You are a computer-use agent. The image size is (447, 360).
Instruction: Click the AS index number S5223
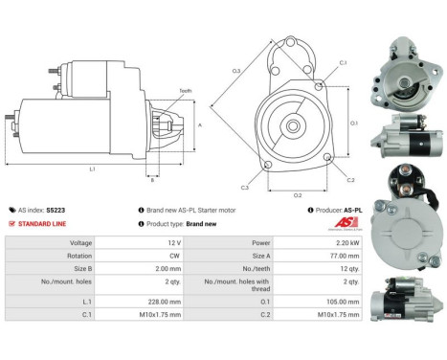(56, 209)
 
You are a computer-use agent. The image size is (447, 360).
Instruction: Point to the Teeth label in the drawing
(185, 91)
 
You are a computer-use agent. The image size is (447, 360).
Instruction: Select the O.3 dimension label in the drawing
(235, 71)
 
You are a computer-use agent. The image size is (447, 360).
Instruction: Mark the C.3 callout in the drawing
(245, 188)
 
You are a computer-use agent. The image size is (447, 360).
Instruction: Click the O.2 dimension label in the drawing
(298, 194)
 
